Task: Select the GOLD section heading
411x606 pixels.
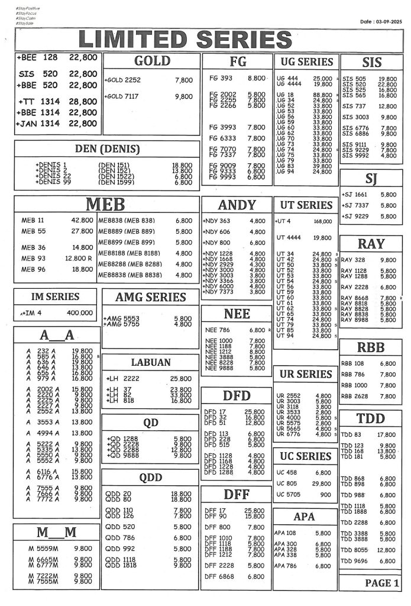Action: [x=152, y=61]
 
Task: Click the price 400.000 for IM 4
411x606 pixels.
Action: [x=80, y=313]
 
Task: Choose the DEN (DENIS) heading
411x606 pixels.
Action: [x=107, y=149]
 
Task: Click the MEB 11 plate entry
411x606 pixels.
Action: [x=33, y=220]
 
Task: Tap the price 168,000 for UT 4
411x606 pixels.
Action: [x=322, y=221]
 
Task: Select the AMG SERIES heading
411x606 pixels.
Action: [x=150, y=297]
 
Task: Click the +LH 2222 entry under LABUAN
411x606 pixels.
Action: [x=123, y=378]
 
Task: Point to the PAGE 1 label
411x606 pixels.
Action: [x=382, y=583]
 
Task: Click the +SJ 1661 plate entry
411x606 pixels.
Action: [x=355, y=194]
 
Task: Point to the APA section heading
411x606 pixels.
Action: [x=304, y=517]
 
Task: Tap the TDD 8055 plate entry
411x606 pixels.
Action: [x=354, y=550]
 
